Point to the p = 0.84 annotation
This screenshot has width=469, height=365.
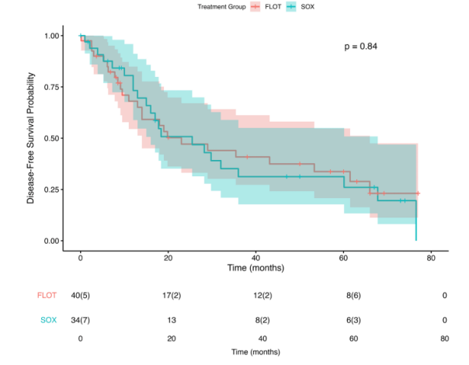(x=361, y=47)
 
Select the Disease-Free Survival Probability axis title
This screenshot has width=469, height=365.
(x=32, y=138)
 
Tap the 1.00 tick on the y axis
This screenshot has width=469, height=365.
(x=53, y=36)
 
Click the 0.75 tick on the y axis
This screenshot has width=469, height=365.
(x=53, y=87)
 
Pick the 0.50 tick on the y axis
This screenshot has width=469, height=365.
(x=53, y=138)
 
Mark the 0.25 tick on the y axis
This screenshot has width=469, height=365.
(x=53, y=189)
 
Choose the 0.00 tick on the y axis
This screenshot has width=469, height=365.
(x=53, y=241)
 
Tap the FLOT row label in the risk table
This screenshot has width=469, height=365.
(x=47, y=296)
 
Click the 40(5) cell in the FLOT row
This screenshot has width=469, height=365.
(x=81, y=296)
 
